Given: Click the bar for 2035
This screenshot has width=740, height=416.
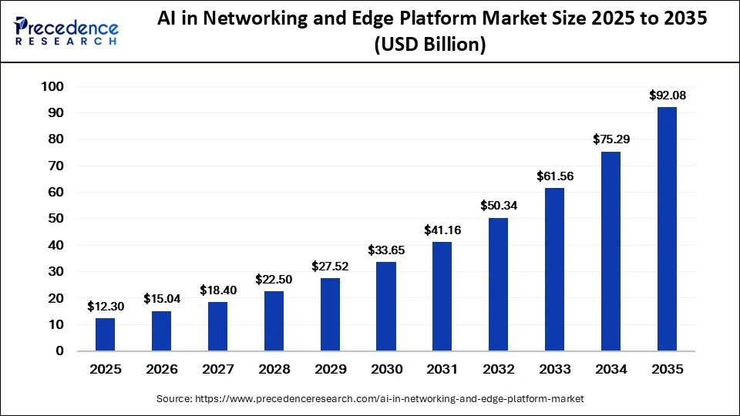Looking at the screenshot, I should [667, 229].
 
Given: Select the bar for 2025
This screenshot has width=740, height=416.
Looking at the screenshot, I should [105, 334].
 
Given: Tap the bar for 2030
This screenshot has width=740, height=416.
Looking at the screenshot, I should [386, 307].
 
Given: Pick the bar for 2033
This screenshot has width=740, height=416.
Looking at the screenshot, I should [554, 270].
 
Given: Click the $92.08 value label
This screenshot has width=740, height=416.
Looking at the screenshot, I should [667, 96].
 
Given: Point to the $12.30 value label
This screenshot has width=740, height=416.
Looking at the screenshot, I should [105, 307].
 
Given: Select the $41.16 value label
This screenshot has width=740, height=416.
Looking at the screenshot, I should [442, 230].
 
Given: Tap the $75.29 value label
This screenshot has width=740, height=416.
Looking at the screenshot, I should [611, 140].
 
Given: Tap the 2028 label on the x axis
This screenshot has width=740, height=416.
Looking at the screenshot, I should [274, 370].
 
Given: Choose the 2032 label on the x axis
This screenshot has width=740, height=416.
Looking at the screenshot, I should [499, 370].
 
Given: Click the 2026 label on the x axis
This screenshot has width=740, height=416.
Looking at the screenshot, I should [161, 370].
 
